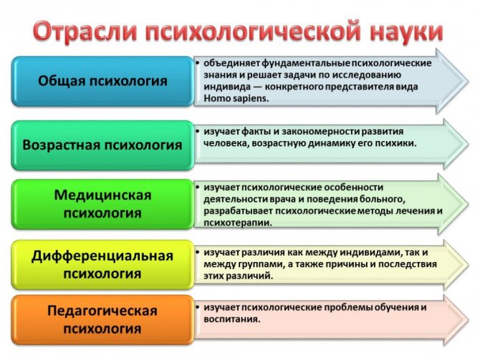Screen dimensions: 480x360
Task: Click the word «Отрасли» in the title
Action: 85,31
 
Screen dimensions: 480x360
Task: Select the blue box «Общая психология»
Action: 102,82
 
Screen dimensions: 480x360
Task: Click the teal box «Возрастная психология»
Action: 102,145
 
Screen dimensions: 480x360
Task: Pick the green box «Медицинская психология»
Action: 102,204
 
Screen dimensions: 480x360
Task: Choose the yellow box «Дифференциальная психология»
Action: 102,265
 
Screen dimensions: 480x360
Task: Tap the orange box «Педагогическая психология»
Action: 102,320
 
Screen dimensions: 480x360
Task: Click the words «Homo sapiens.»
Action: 236,99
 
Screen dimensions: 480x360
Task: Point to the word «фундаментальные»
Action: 306,63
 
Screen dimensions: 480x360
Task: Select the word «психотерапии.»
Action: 238,223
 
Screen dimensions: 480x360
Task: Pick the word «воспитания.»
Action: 232,320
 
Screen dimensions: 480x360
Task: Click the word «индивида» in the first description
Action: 227,87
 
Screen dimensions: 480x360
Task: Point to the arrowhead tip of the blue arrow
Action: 469,82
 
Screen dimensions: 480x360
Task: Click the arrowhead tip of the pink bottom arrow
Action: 469,320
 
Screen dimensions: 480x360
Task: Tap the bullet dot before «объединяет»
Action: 198,63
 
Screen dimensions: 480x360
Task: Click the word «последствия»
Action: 408,265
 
